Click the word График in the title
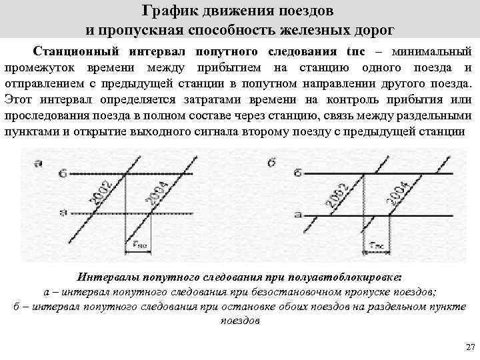click(x=169, y=12)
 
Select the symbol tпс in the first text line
click(x=355, y=51)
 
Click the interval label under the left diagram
click(x=140, y=245)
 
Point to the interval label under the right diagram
click(x=377, y=245)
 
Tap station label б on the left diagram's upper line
click(x=62, y=174)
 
